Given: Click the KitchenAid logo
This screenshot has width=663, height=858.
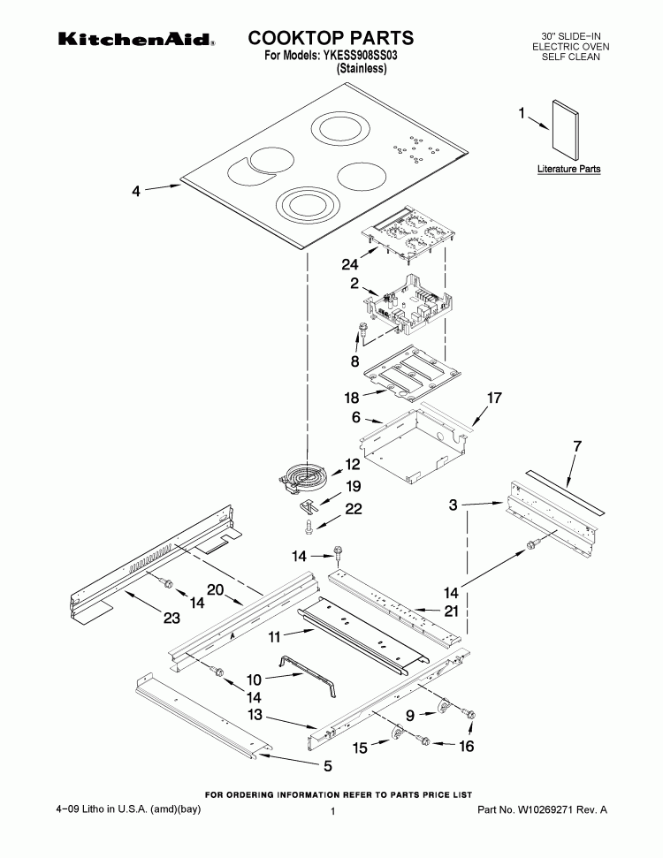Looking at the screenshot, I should coord(136,40).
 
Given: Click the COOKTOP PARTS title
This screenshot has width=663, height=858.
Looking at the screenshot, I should coord(331,38).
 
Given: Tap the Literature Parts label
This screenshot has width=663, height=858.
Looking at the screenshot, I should coord(568,168).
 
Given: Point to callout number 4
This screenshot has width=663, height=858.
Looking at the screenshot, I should coord(136,189).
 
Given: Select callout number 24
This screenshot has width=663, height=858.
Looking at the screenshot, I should coord(350,263).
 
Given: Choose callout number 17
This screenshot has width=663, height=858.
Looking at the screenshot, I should coord(494,399).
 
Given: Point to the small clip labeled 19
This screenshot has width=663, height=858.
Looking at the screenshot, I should coord(309,505).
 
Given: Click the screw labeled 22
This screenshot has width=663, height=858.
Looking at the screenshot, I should coord(309,527).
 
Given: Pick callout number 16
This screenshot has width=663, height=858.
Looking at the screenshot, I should coord(465,747).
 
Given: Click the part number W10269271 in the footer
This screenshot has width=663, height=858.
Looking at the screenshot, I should coord(542,809).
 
